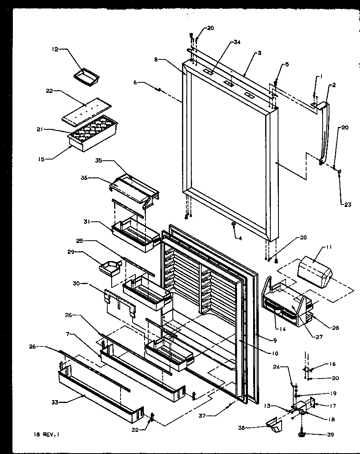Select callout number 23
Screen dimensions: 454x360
[348, 205]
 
